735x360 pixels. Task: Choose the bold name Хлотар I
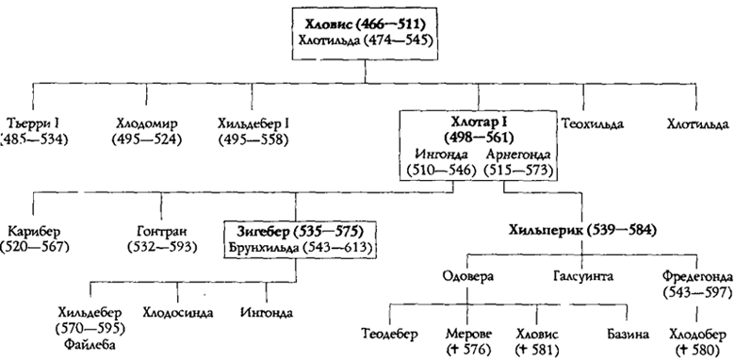pyautogui.click(x=476, y=123)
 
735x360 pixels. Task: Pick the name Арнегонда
pyautogui.click(x=515, y=155)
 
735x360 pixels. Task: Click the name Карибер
pyautogui.click(x=35, y=229)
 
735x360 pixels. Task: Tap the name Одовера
pyautogui.click(x=467, y=274)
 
